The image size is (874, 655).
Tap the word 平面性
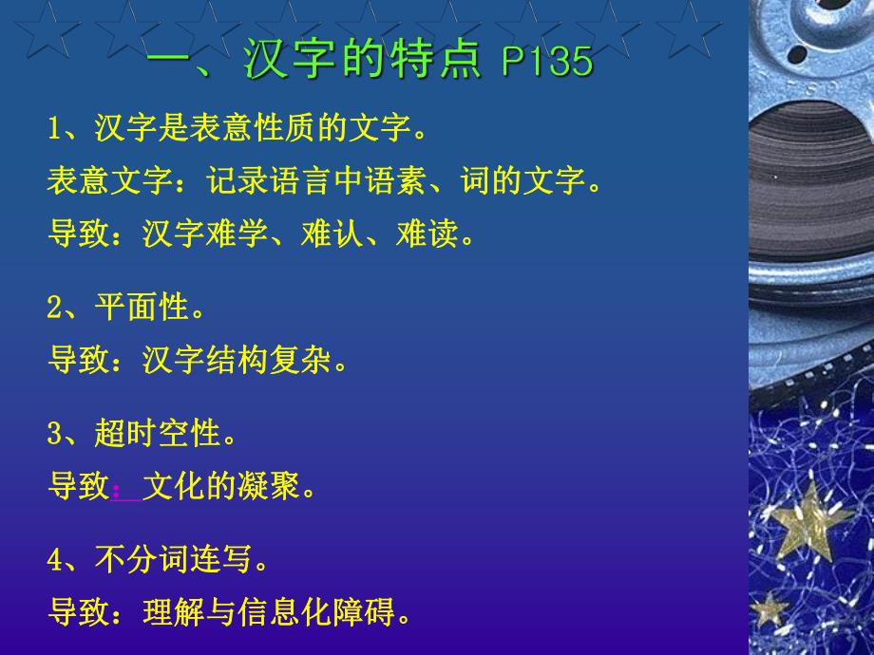point(142,308)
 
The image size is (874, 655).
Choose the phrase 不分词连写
point(177,560)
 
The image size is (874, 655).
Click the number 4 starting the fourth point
point(55,561)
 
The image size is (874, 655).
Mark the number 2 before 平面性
point(55,309)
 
